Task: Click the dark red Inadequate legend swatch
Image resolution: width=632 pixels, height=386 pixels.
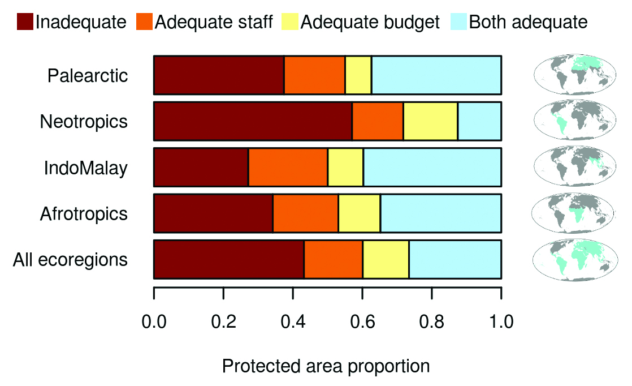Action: pyautogui.click(x=24, y=22)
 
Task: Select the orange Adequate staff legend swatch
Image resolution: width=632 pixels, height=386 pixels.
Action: pyautogui.click(x=144, y=22)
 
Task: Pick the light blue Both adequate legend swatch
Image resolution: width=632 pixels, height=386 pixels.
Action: pyautogui.click(x=458, y=22)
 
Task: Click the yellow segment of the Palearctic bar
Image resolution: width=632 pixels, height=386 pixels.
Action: pyautogui.click(x=358, y=75)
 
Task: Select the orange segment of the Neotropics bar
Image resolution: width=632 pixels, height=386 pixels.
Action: pyautogui.click(x=378, y=121)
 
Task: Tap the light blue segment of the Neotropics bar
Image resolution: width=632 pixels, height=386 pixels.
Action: pyautogui.click(x=479, y=121)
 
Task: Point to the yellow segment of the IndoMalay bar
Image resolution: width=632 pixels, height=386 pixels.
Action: pyautogui.click(x=345, y=168)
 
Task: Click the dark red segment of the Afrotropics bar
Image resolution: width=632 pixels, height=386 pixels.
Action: pyautogui.click(x=213, y=213)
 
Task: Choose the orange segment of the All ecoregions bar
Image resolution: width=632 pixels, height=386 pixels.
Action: pyautogui.click(x=333, y=260)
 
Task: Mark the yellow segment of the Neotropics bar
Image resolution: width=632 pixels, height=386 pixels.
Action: pyautogui.click(x=430, y=121)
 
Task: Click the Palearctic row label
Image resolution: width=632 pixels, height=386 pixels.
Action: pyautogui.click(x=88, y=75)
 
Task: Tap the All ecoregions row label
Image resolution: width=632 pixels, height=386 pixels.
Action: pyautogui.click(x=70, y=260)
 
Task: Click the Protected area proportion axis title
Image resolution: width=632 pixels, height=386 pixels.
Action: pyautogui.click(x=326, y=366)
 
